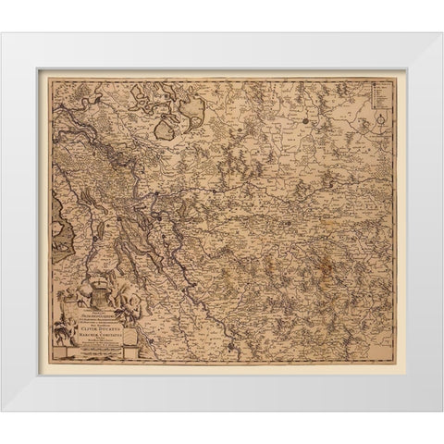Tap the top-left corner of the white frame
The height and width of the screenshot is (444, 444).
(3, 34)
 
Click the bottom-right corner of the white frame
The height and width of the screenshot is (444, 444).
(441, 409)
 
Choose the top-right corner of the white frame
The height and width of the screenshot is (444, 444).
(441, 34)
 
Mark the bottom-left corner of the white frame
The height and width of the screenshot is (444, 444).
(3, 409)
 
